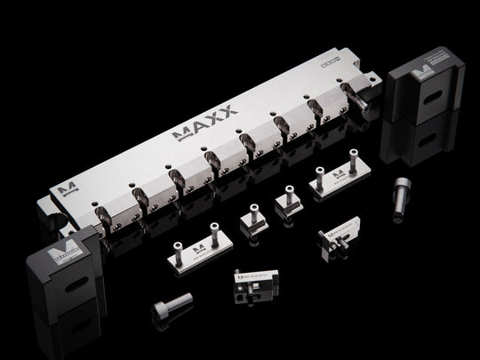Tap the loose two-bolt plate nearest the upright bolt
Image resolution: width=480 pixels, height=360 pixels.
tap(336, 181)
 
